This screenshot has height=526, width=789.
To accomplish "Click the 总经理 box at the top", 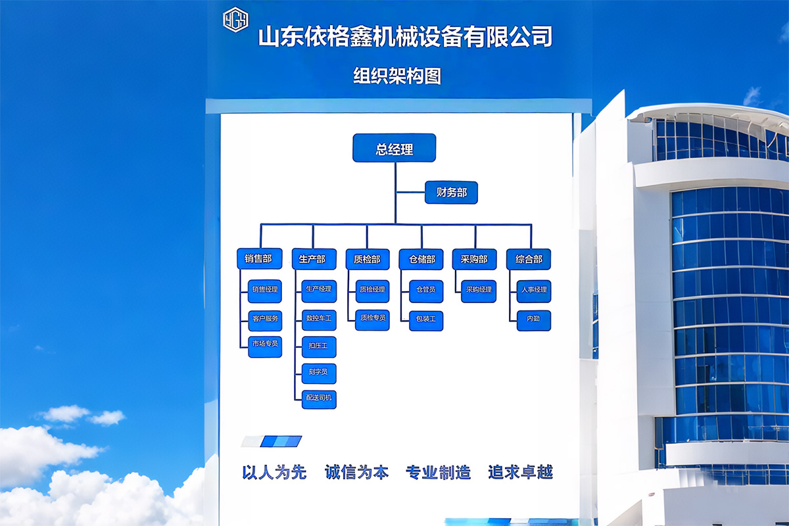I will tap(394, 148).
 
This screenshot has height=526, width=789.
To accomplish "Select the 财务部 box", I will tap(451, 193).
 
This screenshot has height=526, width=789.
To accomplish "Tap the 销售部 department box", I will tap(259, 259).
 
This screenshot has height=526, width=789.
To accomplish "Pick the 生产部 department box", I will tap(313, 259).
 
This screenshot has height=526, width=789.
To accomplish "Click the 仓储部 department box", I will tap(421, 259).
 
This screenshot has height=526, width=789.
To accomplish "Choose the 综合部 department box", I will tap(529, 259).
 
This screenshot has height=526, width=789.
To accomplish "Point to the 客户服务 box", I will tap(265, 319).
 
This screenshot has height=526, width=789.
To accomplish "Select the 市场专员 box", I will tap(265, 344).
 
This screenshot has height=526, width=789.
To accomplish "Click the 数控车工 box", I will tap(319, 319).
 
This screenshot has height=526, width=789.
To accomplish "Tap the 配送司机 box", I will tap(319, 398).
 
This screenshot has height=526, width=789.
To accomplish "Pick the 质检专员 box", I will tap(372, 318).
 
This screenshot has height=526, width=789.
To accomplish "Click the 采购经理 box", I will tap(479, 290).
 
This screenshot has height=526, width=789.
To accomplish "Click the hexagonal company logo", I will tap(235, 20).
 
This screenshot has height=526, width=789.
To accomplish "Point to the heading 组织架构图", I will tap(397, 76).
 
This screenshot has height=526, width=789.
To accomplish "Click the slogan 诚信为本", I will tap(357, 472).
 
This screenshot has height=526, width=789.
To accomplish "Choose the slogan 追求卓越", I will tap(521, 472).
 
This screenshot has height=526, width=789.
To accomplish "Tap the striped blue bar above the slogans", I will tap(272, 441).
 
